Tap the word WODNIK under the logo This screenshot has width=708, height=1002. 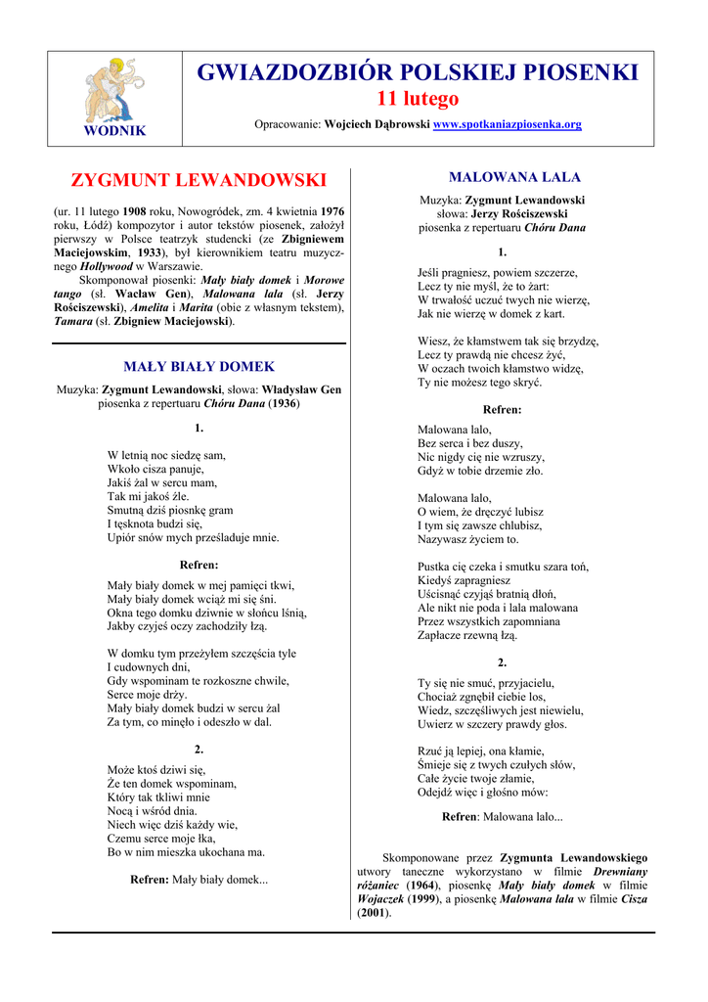click(x=114, y=130)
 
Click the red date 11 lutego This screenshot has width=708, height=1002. click(x=418, y=99)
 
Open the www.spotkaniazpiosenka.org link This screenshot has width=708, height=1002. click(x=508, y=124)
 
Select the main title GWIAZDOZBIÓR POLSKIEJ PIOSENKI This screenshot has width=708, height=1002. click(x=418, y=72)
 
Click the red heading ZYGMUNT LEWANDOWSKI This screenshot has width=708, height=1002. click(x=199, y=180)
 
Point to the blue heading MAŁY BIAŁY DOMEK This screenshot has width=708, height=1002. click(x=199, y=367)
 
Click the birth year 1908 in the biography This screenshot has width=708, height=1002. click(x=134, y=210)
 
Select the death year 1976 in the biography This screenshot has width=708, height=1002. click(x=332, y=210)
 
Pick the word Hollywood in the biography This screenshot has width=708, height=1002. click(x=107, y=265)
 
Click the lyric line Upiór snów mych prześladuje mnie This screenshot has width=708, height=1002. click(x=193, y=537)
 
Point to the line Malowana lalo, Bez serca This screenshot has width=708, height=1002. click(x=455, y=430)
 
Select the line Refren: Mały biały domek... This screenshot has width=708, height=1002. click(x=199, y=880)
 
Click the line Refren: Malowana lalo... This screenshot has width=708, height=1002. click(x=502, y=816)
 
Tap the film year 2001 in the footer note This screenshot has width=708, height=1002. click(x=373, y=913)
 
